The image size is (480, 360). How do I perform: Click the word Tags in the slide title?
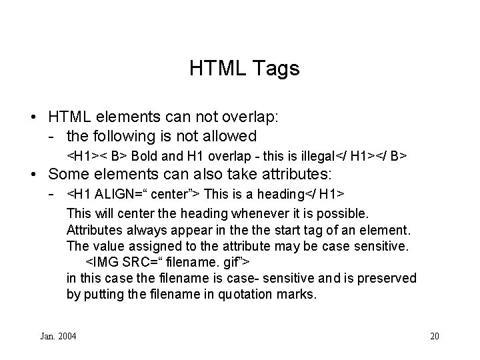[x=273, y=68]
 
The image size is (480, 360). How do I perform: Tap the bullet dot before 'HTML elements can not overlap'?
[x=33, y=117]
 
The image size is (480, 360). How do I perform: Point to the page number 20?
[x=435, y=336]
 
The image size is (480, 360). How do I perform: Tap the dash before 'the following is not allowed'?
[x=51, y=137]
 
